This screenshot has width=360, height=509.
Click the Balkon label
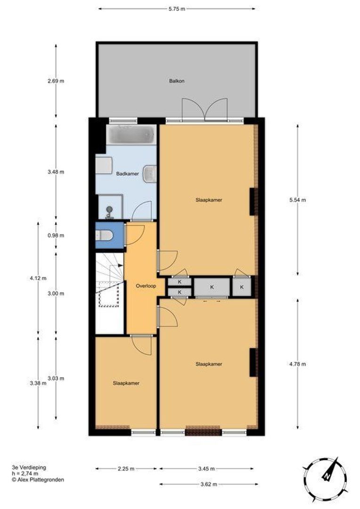point(177,81)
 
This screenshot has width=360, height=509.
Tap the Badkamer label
point(127,174)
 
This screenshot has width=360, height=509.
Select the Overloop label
point(146,286)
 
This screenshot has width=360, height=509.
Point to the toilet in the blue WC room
point(105,235)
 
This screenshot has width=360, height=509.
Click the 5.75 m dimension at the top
point(177,8)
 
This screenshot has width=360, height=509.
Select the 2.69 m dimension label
point(56,81)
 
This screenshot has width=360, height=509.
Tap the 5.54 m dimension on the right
point(297,200)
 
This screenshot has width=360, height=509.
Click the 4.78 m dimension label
point(297,363)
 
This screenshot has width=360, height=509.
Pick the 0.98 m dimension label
point(56,235)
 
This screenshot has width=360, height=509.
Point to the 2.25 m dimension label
point(126,468)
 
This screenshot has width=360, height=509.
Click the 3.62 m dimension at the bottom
point(208,484)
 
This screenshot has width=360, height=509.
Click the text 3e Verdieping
point(29,467)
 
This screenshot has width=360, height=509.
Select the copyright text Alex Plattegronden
point(38,479)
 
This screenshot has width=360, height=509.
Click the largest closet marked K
point(212,287)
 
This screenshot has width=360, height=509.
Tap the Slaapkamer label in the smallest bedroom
point(126,383)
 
